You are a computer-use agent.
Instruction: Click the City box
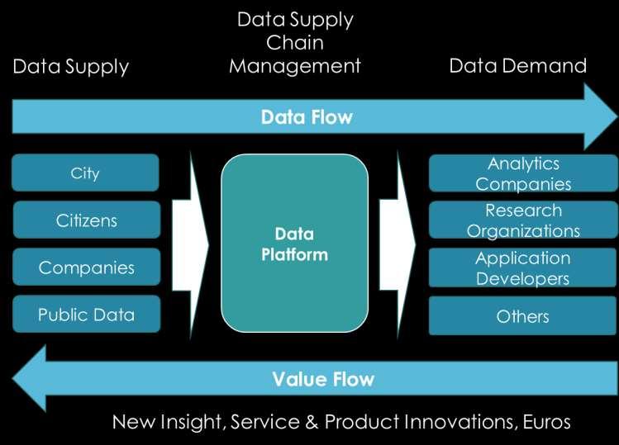(x=85, y=173)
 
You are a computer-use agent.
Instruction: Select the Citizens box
(x=87, y=220)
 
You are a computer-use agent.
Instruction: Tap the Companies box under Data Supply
(x=87, y=267)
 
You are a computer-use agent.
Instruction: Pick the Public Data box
(x=87, y=314)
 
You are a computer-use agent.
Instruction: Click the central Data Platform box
(x=294, y=243)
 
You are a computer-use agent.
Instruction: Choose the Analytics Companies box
(x=523, y=173)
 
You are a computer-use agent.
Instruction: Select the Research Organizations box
(x=523, y=220)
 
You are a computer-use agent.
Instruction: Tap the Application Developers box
(x=522, y=267)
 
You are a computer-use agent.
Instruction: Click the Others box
(x=522, y=315)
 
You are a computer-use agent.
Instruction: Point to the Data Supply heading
(x=71, y=67)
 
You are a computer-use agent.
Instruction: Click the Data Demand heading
(x=518, y=65)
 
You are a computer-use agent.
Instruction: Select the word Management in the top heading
(x=295, y=66)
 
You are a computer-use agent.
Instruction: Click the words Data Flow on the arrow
(x=307, y=117)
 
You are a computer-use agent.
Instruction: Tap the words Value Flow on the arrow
(x=323, y=379)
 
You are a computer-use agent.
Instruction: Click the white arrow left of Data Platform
(x=191, y=245)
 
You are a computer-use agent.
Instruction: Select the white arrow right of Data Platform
(x=398, y=244)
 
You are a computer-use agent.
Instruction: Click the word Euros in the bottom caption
(x=547, y=422)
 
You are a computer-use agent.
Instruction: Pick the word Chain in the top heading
(x=295, y=43)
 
